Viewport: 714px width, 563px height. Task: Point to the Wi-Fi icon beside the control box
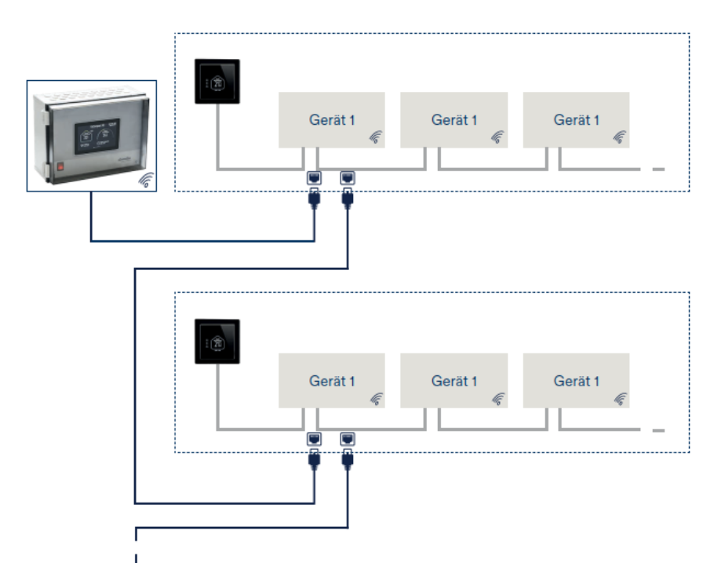click(x=146, y=180)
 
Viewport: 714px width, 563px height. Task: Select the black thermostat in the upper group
click(x=217, y=81)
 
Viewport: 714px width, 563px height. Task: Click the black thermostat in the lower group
click(x=217, y=342)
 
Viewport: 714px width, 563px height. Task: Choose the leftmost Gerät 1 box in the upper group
click(x=332, y=120)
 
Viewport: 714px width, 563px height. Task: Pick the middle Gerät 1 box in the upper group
click(x=454, y=120)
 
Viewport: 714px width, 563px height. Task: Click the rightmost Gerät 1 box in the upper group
click(x=577, y=120)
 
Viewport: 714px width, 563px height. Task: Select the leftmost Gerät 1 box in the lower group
click(x=332, y=381)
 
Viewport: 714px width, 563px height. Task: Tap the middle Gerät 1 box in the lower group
click(x=454, y=381)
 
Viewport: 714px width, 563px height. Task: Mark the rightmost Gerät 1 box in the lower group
click(x=577, y=381)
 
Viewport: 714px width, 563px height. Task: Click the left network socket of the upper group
click(x=314, y=178)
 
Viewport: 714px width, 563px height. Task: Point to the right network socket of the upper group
click(x=348, y=178)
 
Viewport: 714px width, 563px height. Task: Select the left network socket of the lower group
click(x=314, y=439)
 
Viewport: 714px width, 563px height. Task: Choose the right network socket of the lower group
click(x=348, y=439)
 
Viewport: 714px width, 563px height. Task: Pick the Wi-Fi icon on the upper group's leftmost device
click(x=376, y=138)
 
